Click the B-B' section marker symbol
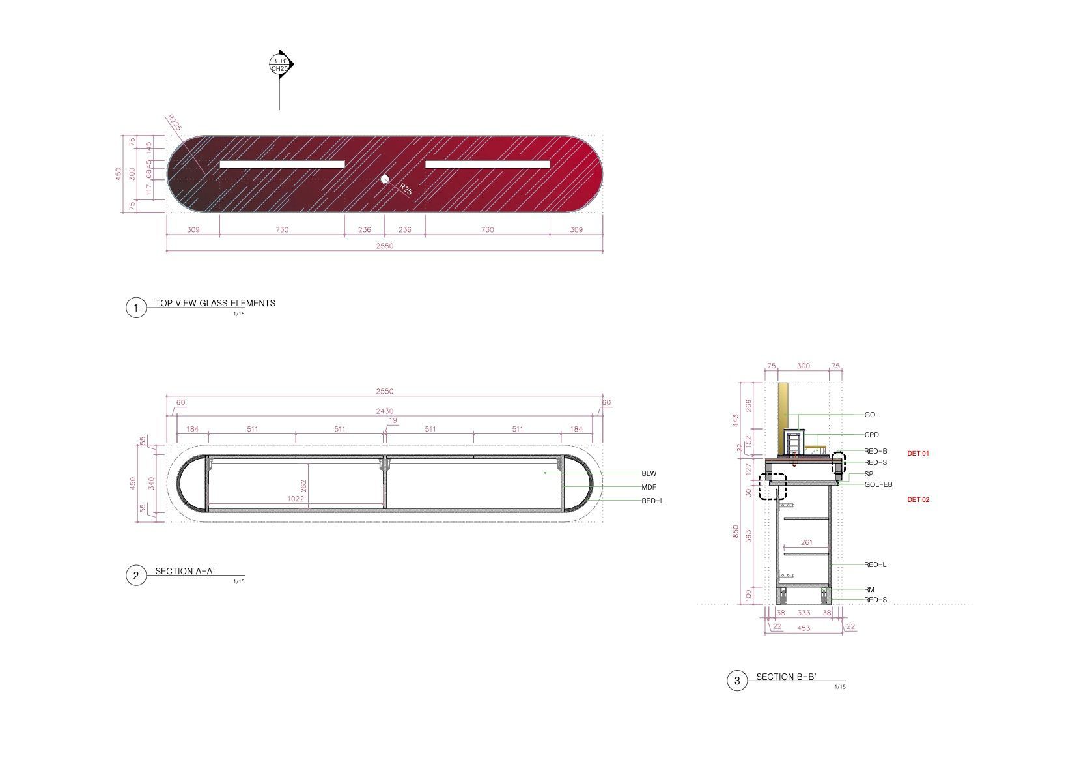click(281, 64)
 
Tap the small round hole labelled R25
click(384, 179)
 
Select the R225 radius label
click(174, 123)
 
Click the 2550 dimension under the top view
click(385, 246)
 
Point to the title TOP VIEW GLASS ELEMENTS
click(215, 303)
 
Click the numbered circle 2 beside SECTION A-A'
click(136, 576)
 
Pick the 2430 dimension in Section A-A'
click(385, 411)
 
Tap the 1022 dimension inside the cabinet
click(295, 499)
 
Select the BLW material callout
click(649, 474)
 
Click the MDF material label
click(649, 487)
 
